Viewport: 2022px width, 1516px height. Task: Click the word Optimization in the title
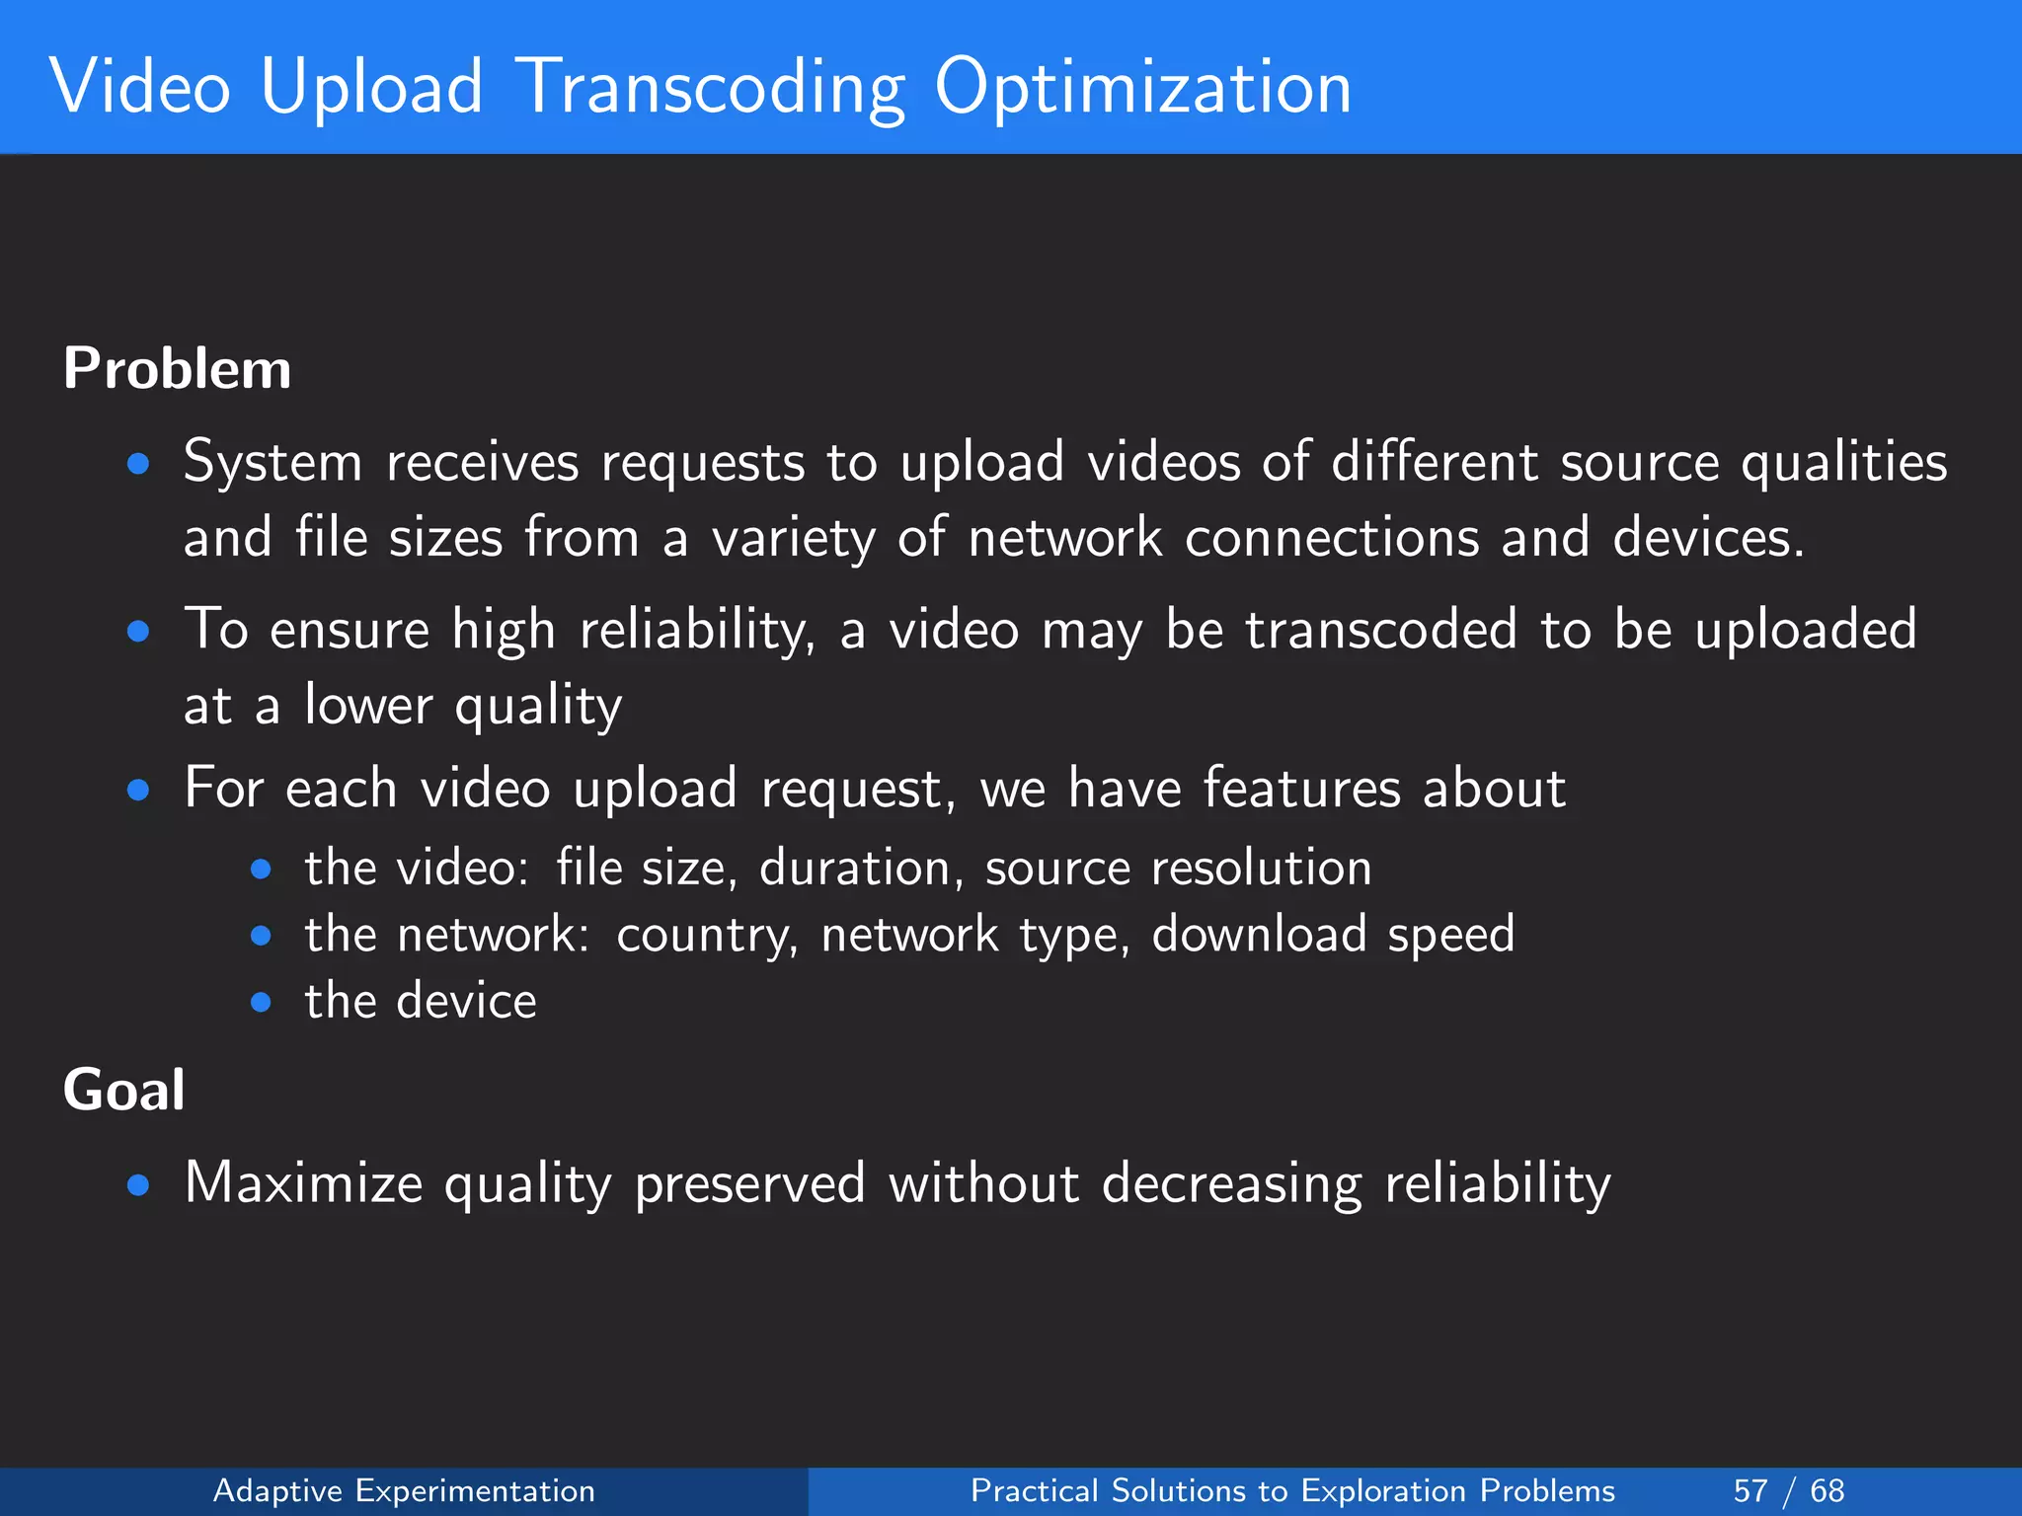click(1142, 89)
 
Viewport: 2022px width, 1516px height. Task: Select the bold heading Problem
click(178, 369)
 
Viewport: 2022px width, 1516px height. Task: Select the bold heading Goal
click(124, 1091)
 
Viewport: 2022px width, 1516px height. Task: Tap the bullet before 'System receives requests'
click(138, 464)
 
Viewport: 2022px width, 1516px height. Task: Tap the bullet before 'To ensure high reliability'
click(138, 632)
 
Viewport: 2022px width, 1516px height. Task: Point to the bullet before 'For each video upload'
click(138, 790)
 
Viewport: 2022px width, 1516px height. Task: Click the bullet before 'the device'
click(261, 1003)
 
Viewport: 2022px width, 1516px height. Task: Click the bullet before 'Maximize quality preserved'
click(138, 1184)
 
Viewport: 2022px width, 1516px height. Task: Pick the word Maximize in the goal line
click(303, 1182)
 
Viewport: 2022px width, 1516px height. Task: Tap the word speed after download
click(1450, 936)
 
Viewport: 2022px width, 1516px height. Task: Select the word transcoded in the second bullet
click(1381, 630)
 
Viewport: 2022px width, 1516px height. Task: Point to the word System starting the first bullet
click(273, 462)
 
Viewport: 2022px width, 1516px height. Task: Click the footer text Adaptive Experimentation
click(404, 1490)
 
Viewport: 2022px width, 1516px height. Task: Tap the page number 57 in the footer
click(1750, 1490)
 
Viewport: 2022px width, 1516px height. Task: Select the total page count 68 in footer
click(1828, 1490)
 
